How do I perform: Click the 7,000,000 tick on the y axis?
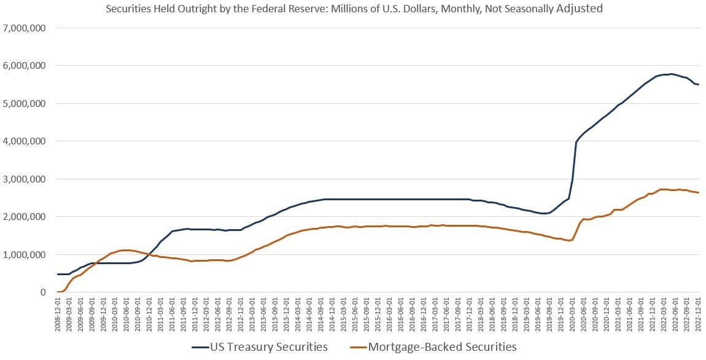(26, 28)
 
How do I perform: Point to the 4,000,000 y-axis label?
(26, 141)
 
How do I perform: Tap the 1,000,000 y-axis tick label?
(26, 254)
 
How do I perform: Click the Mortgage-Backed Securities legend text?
(442, 347)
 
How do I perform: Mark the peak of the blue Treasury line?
(671, 74)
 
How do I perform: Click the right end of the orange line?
(699, 192)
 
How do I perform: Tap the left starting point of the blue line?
(58, 274)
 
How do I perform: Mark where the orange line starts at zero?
(58, 292)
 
